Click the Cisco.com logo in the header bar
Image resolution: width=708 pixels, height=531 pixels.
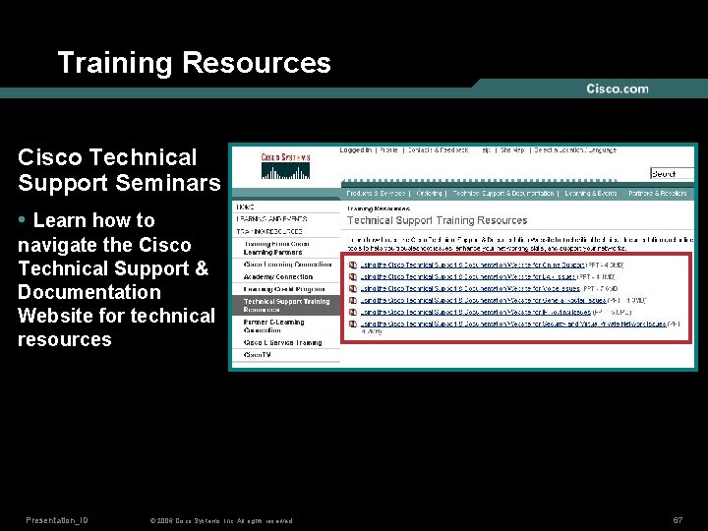(x=618, y=88)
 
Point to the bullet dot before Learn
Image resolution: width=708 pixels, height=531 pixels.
(x=23, y=220)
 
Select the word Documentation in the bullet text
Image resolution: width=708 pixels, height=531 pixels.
(x=88, y=292)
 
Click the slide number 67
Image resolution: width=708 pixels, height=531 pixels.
(x=678, y=519)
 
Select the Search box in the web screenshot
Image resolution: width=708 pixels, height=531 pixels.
(x=672, y=174)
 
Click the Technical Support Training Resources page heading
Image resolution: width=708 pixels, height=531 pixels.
(x=437, y=220)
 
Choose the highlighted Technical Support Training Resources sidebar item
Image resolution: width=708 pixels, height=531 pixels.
(x=287, y=306)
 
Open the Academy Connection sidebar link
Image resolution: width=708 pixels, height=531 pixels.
(x=278, y=277)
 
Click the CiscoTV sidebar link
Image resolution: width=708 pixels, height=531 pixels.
(x=258, y=354)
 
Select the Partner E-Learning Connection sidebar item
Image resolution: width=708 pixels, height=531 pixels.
(x=275, y=325)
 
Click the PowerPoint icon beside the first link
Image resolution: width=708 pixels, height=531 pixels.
(x=353, y=265)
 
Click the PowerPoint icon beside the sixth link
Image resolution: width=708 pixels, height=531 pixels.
(x=353, y=324)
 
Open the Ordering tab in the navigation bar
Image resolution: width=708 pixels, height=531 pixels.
(x=429, y=194)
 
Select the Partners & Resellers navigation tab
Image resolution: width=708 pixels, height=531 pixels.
(x=658, y=194)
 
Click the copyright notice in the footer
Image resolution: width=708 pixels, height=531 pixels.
(x=219, y=521)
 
